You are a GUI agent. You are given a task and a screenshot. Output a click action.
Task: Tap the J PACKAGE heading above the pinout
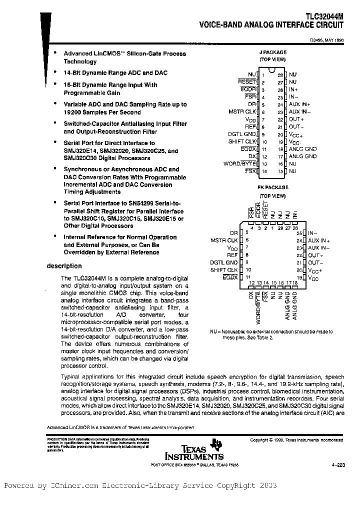point(272,52)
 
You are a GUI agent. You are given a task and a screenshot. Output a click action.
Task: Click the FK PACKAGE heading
point(272,187)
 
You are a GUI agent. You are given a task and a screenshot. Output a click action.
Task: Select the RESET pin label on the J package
point(247,81)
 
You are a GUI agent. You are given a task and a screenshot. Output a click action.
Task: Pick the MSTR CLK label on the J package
point(242,111)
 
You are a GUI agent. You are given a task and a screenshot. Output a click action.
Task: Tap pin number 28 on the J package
point(280,74)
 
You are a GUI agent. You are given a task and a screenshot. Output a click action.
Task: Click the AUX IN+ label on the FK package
point(318,240)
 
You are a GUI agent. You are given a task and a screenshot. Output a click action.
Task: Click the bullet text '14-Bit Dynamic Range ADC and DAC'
point(115,73)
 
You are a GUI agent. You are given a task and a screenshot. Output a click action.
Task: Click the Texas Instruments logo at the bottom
point(195,449)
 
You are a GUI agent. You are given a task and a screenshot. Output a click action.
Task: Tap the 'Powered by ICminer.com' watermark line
point(140,485)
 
